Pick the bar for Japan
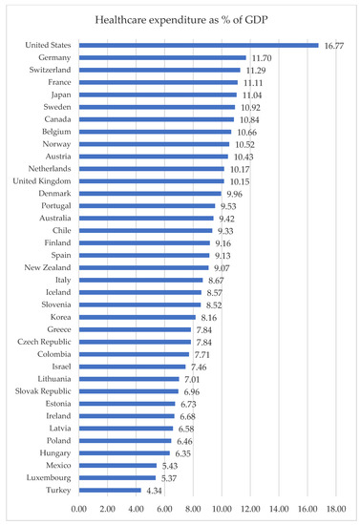coord(158,94)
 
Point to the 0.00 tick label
coord(79,510)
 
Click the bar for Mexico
coord(117,466)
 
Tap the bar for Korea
coord(138,317)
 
